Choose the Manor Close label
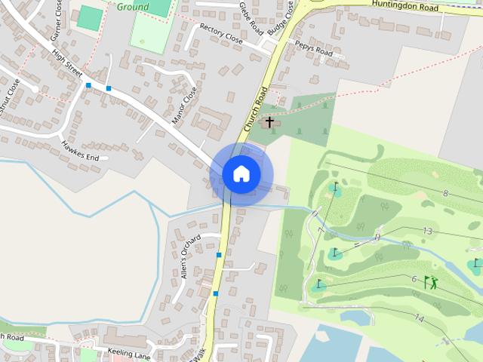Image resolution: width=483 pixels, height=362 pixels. pos(184,105)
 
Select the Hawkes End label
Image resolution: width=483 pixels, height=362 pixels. pos(80,152)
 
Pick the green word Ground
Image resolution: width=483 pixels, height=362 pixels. pos(133,6)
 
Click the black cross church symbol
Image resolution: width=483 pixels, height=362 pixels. pos(269,121)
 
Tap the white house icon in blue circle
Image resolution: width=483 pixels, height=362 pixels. pos(241,174)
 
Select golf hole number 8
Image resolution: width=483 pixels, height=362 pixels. pos(445,194)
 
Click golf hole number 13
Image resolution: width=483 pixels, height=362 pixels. pos(428,231)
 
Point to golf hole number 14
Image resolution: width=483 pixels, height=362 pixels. pos(419,319)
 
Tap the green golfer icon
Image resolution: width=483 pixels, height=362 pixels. pos(431,282)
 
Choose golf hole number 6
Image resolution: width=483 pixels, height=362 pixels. pos(414,279)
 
